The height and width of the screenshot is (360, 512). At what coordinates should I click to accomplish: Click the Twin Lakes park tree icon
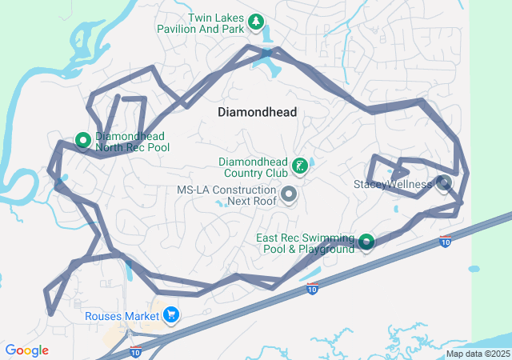click(255, 22)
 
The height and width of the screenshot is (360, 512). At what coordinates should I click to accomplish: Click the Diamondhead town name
click(257, 113)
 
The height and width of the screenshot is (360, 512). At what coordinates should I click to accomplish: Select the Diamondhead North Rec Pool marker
click(82, 140)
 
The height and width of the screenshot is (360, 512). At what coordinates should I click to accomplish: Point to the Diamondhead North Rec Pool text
click(132, 142)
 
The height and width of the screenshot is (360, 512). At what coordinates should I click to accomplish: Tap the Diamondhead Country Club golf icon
click(299, 166)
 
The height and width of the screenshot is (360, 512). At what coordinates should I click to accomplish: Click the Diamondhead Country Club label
click(253, 167)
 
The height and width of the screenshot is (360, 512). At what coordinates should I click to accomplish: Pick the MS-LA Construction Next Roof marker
click(289, 194)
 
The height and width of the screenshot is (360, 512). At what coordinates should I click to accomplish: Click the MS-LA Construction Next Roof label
click(226, 196)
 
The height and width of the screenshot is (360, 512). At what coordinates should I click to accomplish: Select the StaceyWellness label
click(392, 184)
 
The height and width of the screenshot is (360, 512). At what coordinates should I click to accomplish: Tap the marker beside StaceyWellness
click(445, 183)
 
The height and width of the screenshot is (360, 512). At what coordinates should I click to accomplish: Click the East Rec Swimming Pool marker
click(366, 241)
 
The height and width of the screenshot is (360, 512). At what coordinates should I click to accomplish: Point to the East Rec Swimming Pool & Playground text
click(305, 243)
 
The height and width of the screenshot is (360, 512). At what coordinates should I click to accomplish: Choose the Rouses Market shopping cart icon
click(170, 316)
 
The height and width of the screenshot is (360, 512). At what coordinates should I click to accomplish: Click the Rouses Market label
click(122, 316)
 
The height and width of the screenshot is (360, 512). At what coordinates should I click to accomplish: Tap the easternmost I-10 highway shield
click(444, 242)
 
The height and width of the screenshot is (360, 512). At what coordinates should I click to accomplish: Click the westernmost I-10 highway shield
click(135, 351)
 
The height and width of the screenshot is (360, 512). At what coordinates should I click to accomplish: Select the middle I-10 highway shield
click(312, 290)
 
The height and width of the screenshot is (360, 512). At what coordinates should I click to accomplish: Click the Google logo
click(26, 350)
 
